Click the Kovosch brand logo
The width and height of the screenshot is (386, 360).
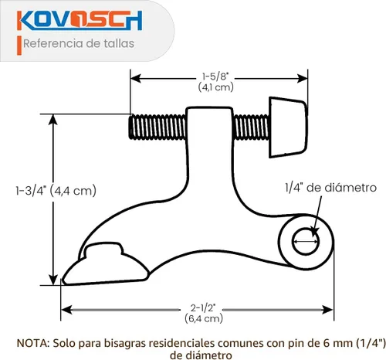(80, 20)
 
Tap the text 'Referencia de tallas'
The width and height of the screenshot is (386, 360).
(79, 43)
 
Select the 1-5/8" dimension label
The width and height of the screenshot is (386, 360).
(215, 76)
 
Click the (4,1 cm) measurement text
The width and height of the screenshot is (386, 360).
(216, 87)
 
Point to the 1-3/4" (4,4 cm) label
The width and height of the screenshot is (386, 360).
(56, 191)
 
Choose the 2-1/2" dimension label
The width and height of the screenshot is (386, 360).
(203, 307)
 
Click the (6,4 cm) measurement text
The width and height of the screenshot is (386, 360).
(204, 319)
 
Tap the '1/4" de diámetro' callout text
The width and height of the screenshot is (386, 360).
(330, 188)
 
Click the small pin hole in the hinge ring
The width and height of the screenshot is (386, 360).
(306, 241)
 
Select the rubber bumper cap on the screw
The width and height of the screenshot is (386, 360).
(288, 127)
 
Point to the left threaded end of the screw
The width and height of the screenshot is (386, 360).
(157, 127)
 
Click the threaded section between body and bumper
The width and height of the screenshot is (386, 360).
(251, 127)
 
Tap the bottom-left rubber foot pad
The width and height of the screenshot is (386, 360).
(106, 265)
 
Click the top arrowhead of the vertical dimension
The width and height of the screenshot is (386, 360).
(53, 119)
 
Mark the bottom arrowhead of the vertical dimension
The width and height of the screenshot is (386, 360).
(53, 280)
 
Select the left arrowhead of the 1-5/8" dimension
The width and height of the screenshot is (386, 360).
(136, 78)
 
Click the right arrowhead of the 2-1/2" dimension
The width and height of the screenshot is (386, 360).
(327, 310)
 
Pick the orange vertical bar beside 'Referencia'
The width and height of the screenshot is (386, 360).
(19, 46)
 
